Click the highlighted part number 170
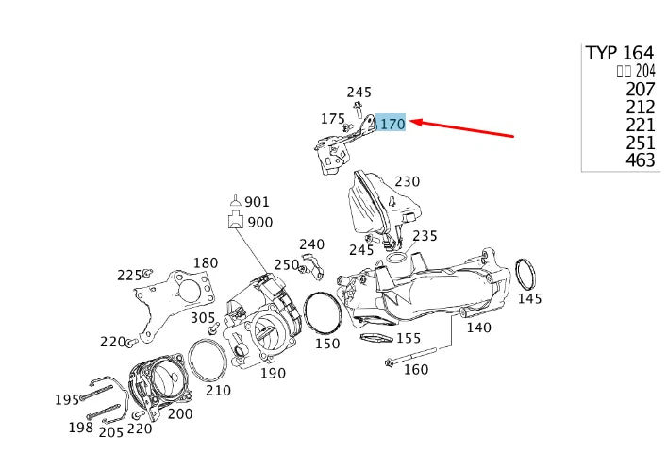point(392,124)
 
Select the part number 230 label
point(407,181)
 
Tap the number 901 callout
point(257,202)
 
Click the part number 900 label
point(259,222)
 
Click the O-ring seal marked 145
point(526,274)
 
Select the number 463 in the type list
point(640,160)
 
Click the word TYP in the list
point(601,53)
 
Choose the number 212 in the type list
point(640,107)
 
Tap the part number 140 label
point(478,328)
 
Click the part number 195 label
point(67,399)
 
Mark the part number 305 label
point(203,318)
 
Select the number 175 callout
point(332,119)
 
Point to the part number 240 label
point(311,244)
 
